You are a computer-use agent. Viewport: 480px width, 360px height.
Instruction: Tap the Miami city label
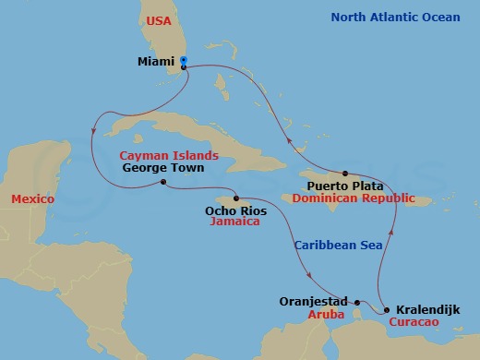155,63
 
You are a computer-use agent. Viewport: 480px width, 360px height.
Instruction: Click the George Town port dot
162,182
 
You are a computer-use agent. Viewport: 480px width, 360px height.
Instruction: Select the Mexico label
30,199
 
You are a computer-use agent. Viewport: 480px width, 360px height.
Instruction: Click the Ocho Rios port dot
236,198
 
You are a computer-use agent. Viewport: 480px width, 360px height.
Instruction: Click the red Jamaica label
234,222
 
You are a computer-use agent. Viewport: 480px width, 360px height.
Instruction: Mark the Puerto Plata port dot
344,174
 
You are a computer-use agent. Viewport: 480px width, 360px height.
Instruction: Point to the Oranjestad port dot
357,301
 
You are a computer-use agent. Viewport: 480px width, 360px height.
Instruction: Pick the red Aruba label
328,315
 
